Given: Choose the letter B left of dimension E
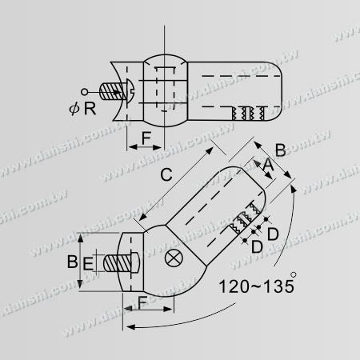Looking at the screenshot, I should pyautogui.click(x=71, y=261).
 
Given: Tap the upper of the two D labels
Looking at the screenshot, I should pyautogui.click(x=272, y=234).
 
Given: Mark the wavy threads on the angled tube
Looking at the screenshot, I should pyautogui.click(x=245, y=219).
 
